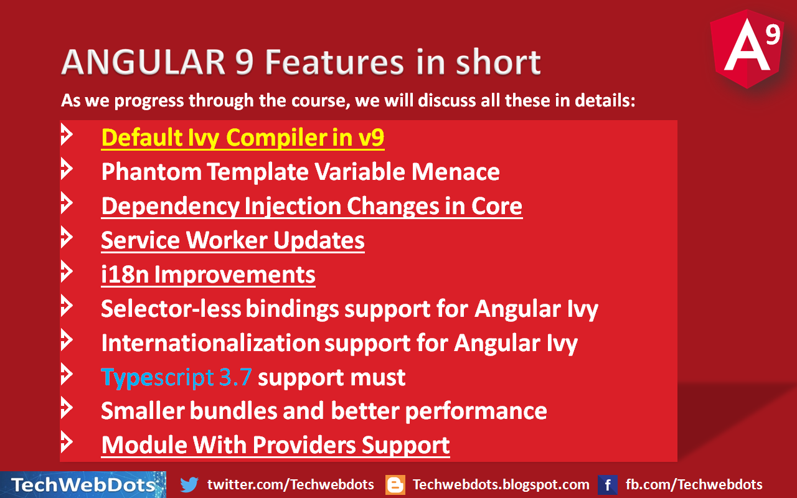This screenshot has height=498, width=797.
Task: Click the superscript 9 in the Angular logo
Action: click(x=772, y=35)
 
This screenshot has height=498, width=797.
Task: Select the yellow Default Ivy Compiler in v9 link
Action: click(x=242, y=138)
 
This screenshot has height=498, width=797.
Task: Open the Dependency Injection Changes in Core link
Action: click(x=311, y=207)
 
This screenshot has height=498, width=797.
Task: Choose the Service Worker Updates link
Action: click(x=232, y=240)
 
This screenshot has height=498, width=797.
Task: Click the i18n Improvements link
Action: click(x=208, y=275)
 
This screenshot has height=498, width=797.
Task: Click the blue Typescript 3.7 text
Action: click(x=177, y=377)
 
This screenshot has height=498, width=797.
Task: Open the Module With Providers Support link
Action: click(x=275, y=445)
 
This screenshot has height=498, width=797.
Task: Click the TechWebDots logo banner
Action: click(x=83, y=484)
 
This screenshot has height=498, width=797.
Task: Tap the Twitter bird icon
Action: click(x=189, y=484)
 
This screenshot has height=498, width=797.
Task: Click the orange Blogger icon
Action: click(x=395, y=484)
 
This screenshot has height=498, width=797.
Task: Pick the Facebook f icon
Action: click(x=607, y=484)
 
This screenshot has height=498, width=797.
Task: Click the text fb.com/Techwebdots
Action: click(x=694, y=484)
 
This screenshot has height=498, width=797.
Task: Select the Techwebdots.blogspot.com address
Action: click(x=501, y=484)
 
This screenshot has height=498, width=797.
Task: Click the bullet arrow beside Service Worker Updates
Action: click(x=67, y=238)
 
